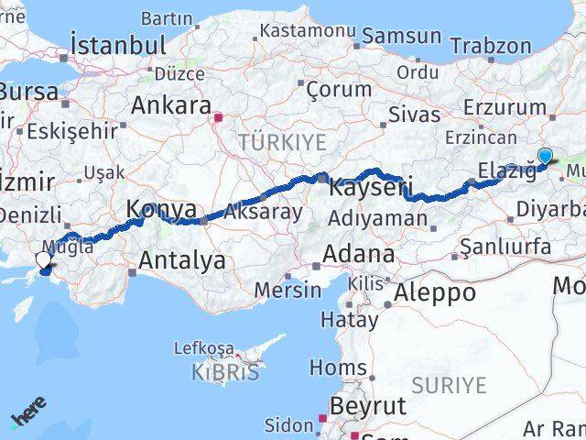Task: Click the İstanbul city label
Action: (x=118, y=45)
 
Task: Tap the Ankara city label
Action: (x=171, y=104)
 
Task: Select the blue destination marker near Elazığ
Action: (x=546, y=156)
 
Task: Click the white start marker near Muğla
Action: (x=43, y=260)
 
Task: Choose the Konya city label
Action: (x=161, y=209)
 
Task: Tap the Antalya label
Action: (x=182, y=260)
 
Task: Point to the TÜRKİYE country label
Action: (x=282, y=142)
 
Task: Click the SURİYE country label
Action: (x=449, y=385)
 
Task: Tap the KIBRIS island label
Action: (x=225, y=372)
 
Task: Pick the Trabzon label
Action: (x=491, y=45)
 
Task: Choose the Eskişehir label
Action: (x=71, y=131)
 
